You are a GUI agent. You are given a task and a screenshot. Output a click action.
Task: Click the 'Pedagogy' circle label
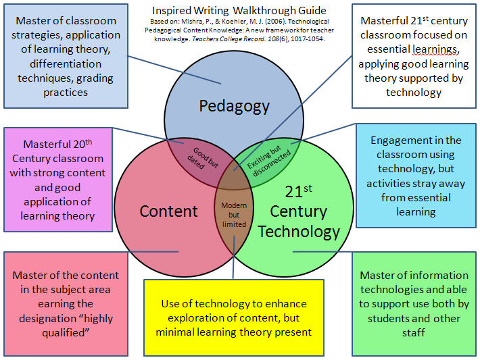[x=234, y=106]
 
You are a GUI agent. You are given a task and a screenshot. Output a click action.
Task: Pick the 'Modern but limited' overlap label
[x=233, y=214]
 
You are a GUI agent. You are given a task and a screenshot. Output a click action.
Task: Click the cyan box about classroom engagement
[x=416, y=176]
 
